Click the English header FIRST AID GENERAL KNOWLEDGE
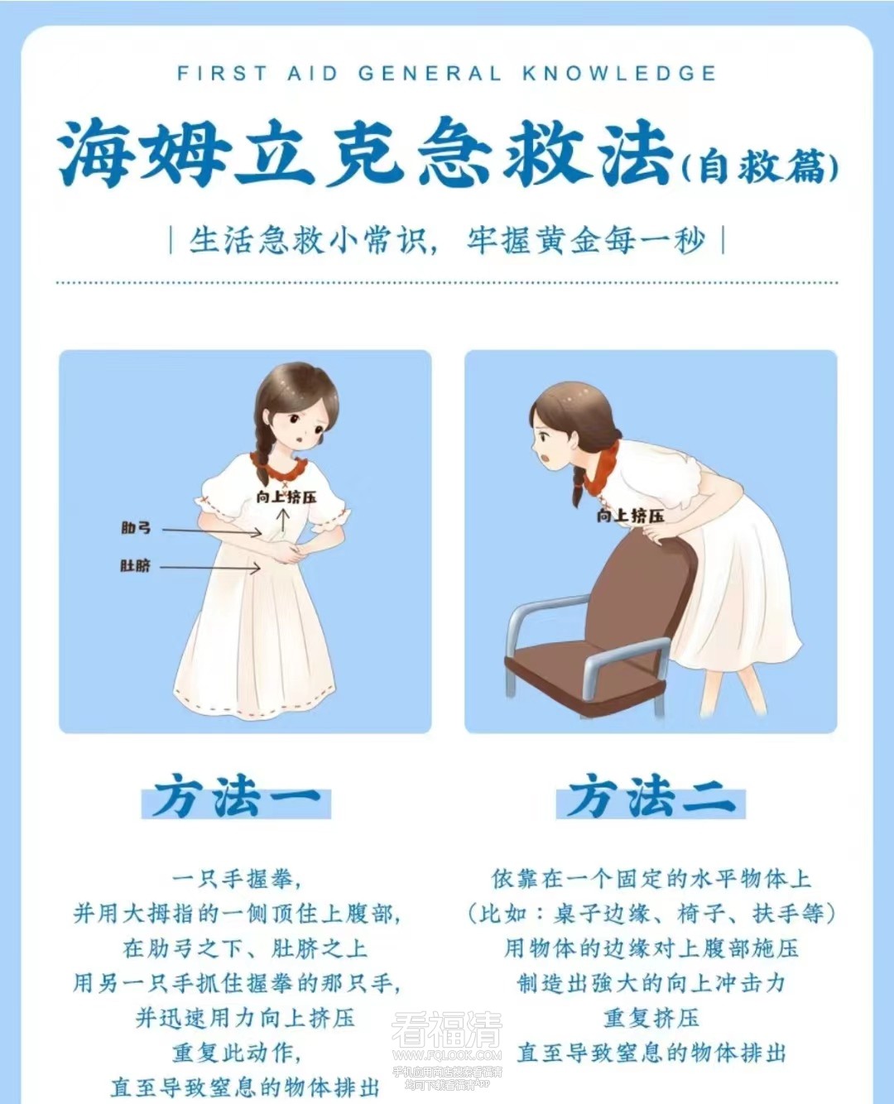click(447, 73)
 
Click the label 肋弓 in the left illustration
click(136, 527)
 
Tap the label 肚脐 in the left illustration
click(136, 566)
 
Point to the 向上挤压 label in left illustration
click(286, 497)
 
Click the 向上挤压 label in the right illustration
click(630, 516)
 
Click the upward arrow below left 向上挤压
click(283, 521)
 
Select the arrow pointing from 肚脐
click(211, 568)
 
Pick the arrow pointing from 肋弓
click(212, 531)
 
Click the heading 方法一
click(236, 797)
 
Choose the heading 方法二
click(651, 797)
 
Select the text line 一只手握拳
click(236, 879)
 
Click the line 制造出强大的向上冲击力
click(651, 983)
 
